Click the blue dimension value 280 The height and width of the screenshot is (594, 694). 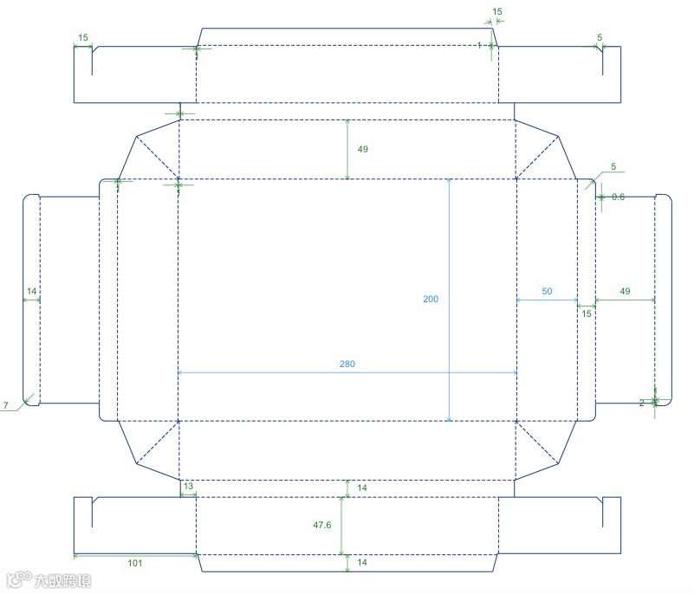tap(347, 365)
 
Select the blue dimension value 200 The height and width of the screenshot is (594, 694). tap(431, 299)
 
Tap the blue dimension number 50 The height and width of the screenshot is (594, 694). tap(547, 292)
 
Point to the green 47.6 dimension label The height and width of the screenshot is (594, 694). tap(322, 525)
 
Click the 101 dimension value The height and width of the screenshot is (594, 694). tap(135, 564)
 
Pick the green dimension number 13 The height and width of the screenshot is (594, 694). tap(188, 487)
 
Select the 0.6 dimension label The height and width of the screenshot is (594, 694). tap(618, 197)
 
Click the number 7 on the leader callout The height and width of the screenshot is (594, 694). tap(5, 405)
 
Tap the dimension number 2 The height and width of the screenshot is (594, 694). tap(642, 403)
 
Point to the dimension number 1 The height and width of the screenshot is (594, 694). tap(479, 45)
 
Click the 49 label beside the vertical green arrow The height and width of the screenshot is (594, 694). tap(362, 150)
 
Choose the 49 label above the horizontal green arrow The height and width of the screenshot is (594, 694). tap(625, 292)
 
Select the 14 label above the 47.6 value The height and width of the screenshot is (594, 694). tap(362, 488)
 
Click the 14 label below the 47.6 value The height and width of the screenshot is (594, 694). tap(362, 563)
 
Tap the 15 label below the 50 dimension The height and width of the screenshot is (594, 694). tap(587, 313)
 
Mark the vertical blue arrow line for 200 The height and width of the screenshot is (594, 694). tap(449, 260)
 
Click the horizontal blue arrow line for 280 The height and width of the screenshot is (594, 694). tap(260, 372)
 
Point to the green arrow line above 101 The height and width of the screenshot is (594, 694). tap(135, 554)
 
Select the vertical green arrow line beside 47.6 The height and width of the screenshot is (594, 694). tap(342, 526)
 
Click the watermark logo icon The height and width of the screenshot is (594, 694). tap(15, 578)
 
